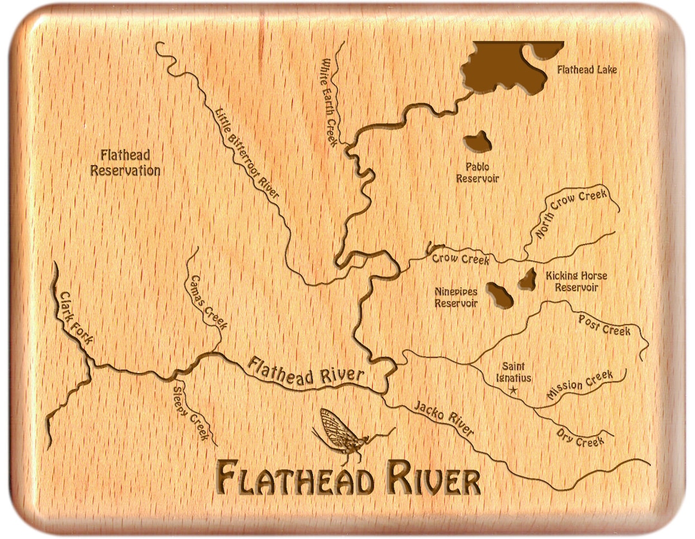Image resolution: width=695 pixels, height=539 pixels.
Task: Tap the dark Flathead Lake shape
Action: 499,68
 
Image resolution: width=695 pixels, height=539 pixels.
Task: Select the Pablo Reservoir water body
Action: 477,142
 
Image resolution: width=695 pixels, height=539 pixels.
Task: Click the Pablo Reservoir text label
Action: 477,173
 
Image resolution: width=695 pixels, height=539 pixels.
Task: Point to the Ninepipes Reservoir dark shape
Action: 499,295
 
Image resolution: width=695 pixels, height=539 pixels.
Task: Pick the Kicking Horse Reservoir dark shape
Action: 529,279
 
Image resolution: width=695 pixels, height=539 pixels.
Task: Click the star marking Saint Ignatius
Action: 513,390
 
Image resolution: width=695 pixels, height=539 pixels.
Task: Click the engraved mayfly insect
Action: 341,434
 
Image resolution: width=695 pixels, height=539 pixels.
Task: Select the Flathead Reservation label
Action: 125,163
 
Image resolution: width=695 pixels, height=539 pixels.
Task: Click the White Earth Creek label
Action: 329,103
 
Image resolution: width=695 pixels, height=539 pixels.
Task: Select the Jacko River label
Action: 443,419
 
